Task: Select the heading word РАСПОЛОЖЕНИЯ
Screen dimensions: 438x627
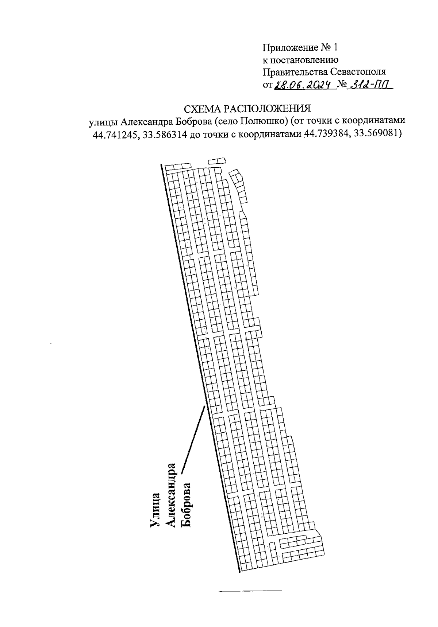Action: (267, 109)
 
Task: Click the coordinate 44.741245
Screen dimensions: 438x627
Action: (115, 135)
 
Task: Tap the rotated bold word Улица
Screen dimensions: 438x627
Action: (155, 510)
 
